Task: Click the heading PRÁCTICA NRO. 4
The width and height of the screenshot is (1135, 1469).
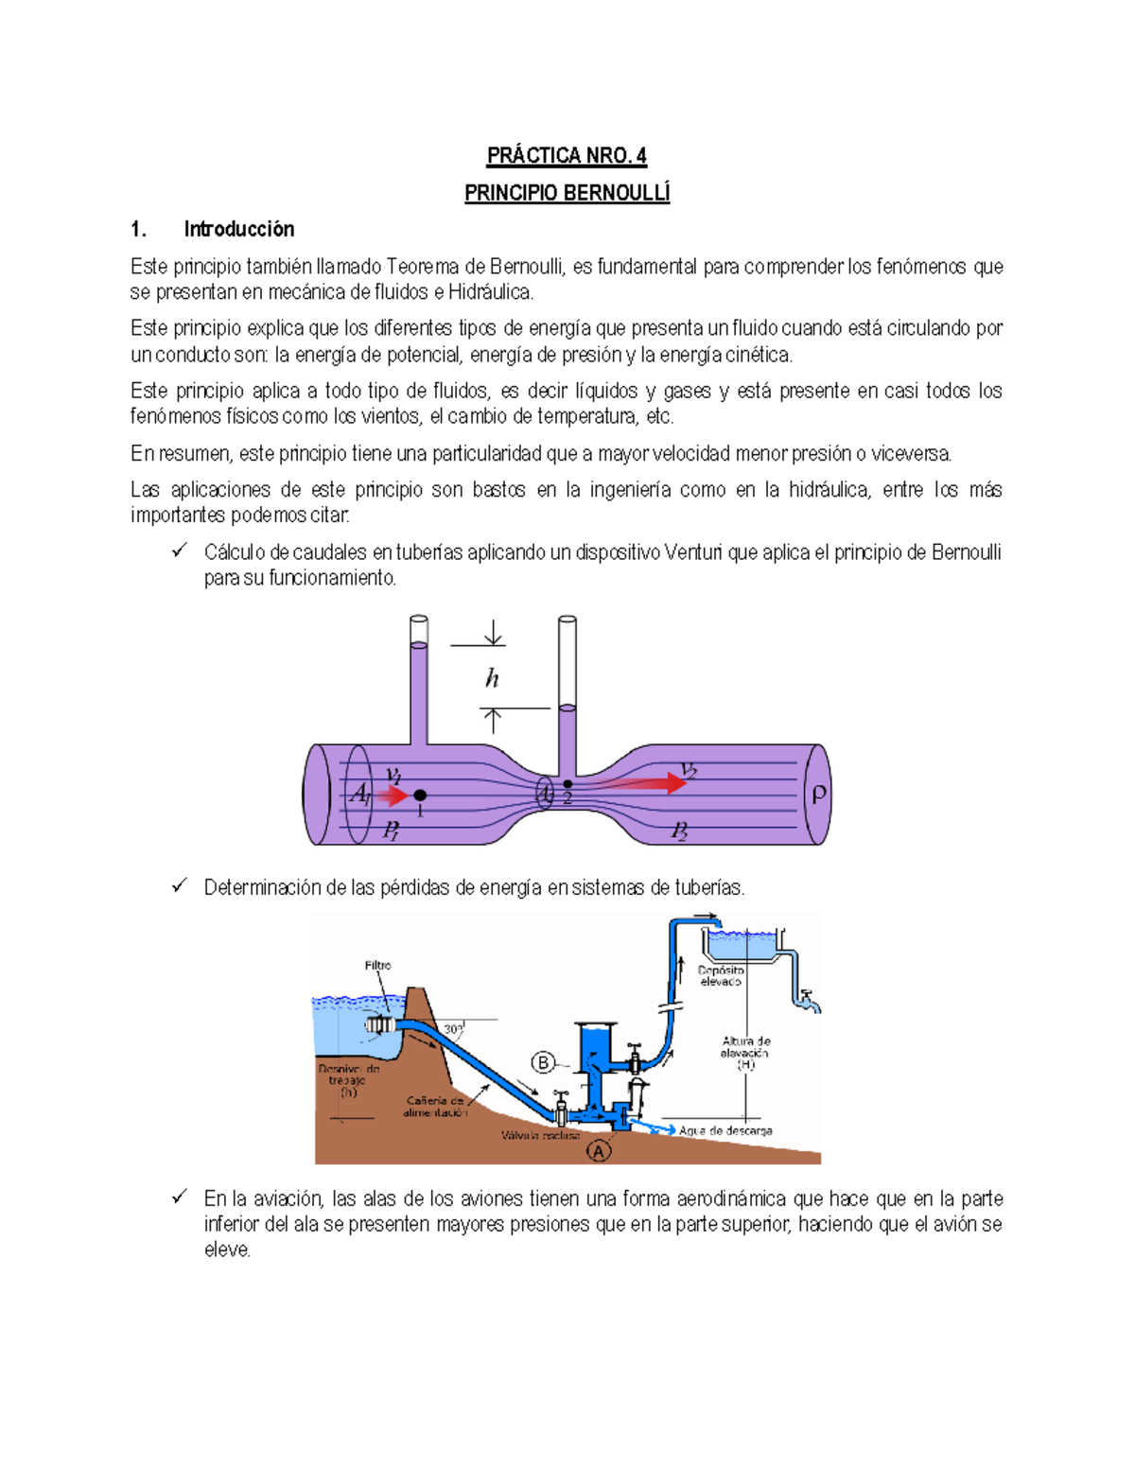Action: point(567,155)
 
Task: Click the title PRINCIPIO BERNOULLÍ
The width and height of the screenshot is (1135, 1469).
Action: point(567,193)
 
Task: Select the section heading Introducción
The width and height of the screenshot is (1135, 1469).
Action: point(238,229)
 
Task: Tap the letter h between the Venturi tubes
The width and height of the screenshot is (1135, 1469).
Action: point(492,677)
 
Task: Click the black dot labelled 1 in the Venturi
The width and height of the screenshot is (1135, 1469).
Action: point(419,796)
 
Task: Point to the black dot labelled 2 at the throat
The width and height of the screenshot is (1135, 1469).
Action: point(567,784)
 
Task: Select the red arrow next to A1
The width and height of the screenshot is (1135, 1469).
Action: point(391,796)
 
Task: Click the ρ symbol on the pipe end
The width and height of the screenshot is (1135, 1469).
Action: point(818,794)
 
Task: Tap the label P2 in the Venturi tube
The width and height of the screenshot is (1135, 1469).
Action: point(679,831)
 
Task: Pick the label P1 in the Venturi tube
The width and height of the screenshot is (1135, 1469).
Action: point(390,831)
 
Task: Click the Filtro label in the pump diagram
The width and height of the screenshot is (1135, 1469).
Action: point(377,966)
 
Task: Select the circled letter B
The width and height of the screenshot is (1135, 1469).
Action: point(543,1062)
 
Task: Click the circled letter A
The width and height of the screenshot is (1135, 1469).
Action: point(599,1151)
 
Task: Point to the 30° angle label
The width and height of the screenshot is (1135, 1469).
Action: point(453,1029)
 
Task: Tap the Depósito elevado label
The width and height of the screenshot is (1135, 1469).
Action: point(721,976)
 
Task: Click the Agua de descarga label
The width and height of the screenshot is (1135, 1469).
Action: point(725,1130)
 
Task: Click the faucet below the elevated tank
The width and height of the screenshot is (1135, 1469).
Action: point(807,999)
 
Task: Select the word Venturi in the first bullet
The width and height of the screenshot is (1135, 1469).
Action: point(693,552)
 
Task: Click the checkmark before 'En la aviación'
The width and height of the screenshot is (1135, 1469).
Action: point(179,1198)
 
